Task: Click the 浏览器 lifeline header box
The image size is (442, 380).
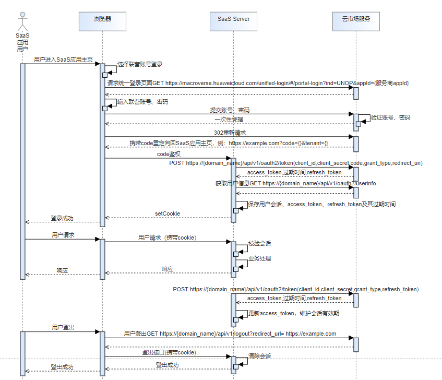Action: pos(102,19)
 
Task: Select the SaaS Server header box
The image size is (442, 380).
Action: pos(233,19)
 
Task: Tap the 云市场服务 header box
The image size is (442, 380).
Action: pos(356,19)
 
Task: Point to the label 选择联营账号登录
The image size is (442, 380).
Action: pos(140,64)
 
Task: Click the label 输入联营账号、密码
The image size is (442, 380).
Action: pos(142,102)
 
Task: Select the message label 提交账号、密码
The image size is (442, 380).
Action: pos(230,110)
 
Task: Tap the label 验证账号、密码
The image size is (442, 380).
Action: pos(390,118)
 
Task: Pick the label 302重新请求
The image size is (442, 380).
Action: pos(230,133)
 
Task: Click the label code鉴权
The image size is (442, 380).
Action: pos(169,154)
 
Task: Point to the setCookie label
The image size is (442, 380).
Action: pos(168,213)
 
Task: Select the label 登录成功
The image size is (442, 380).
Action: pos(62,218)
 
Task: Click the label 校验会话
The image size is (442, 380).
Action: pos(259,243)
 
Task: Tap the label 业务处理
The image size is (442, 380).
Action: pos(259,258)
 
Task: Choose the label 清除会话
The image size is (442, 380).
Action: pos(259,355)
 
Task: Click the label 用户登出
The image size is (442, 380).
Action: pos(63,327)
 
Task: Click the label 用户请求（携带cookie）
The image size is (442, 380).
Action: pos(167,238)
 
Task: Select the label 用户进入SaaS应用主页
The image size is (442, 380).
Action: pos(63,60)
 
